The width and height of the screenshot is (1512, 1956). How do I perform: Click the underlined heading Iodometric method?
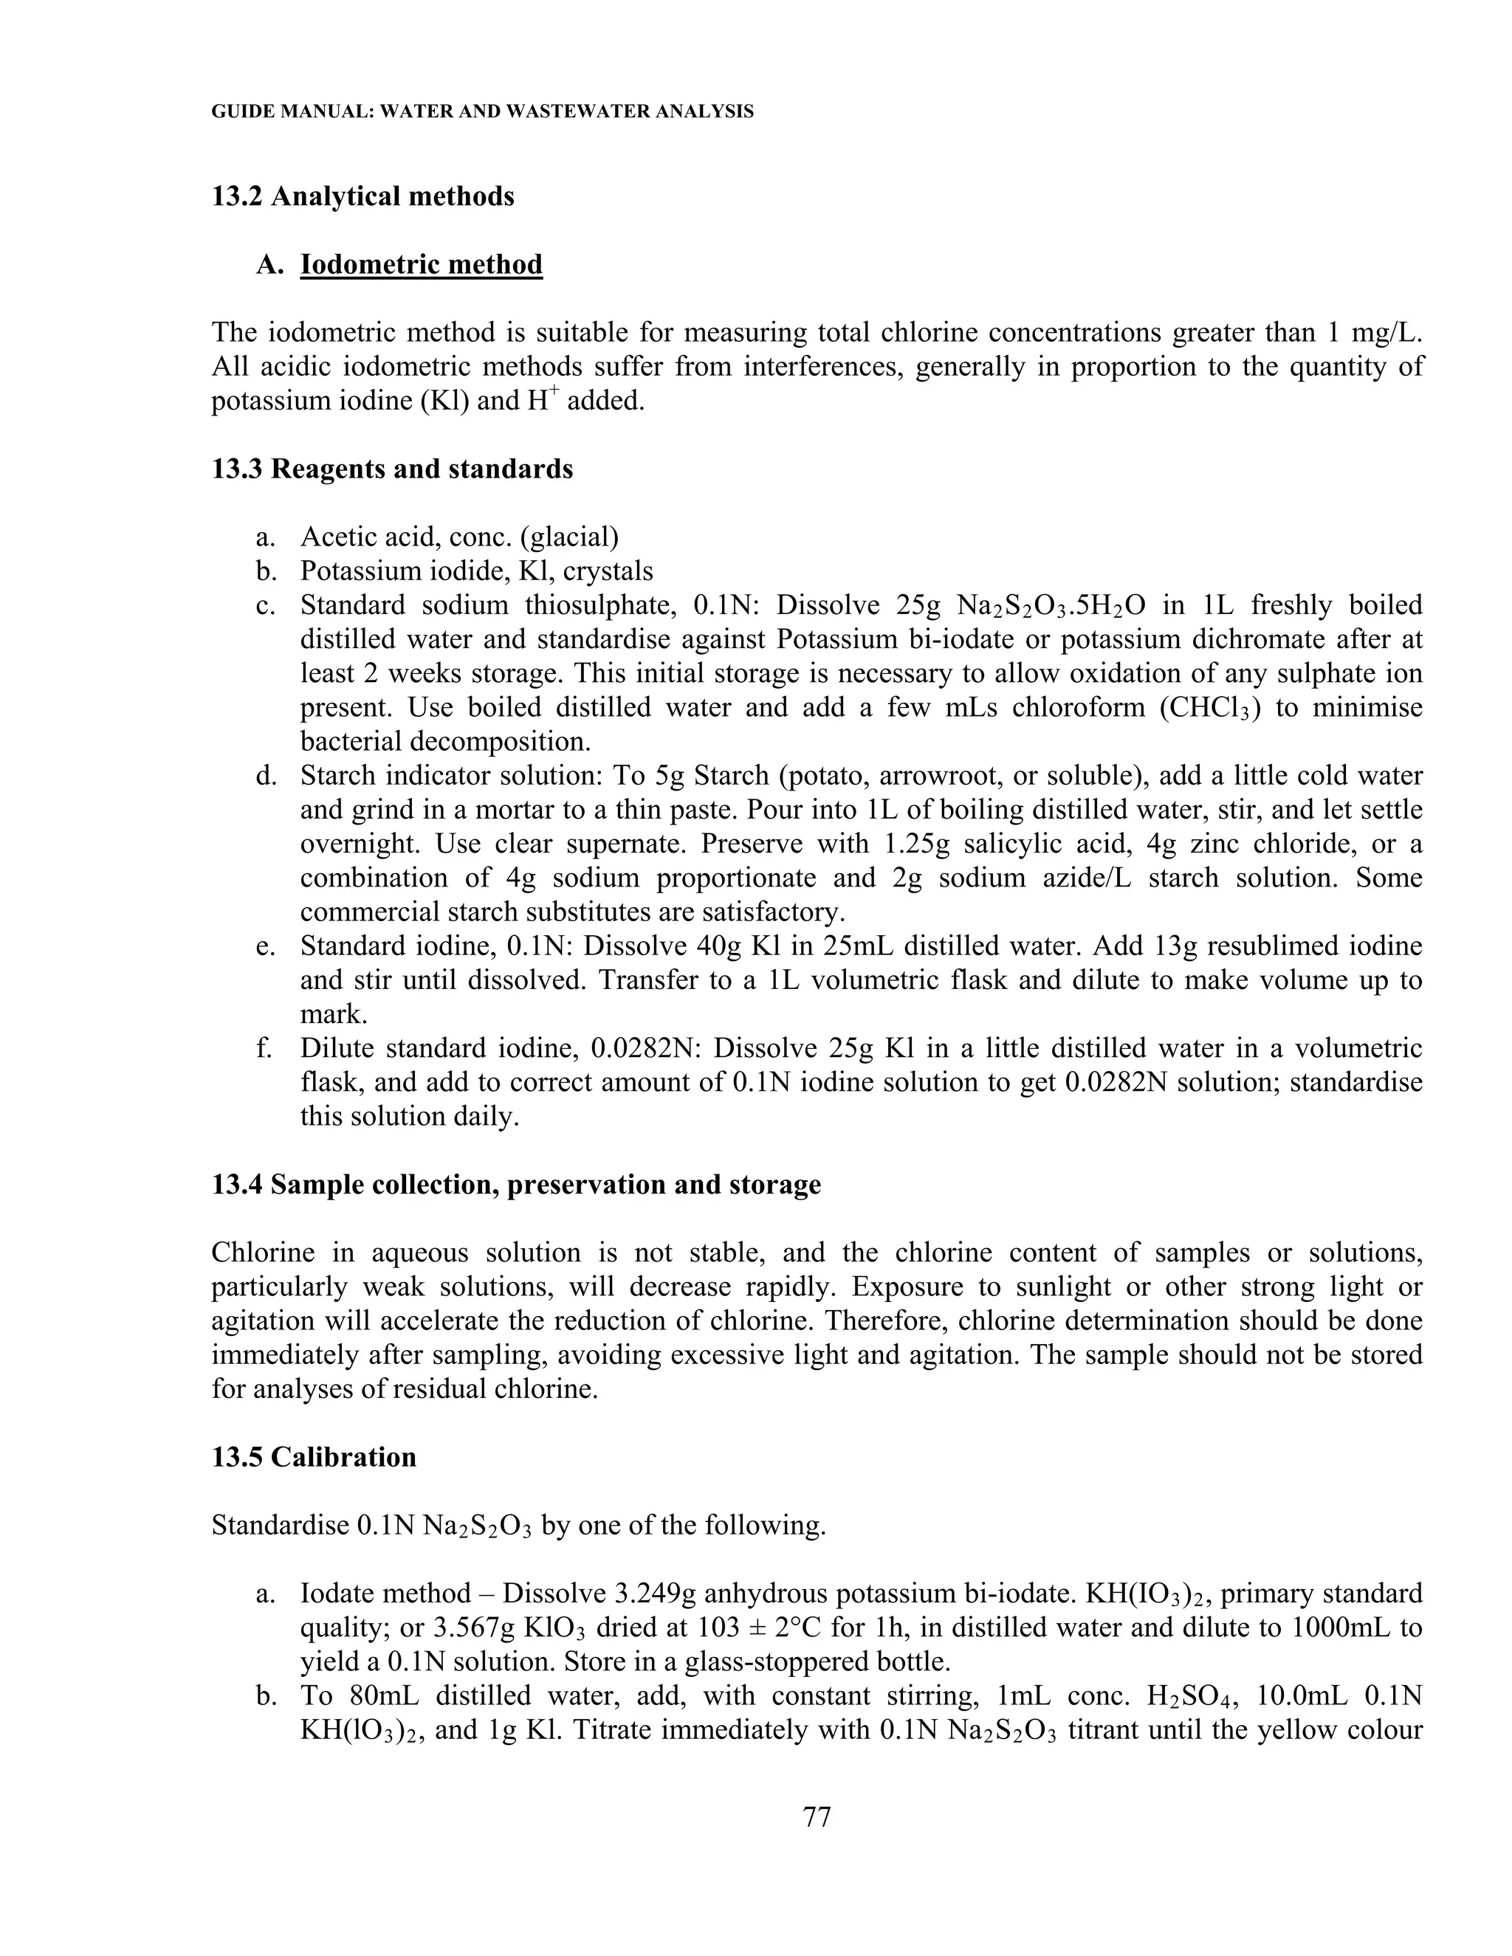tap(421, 265)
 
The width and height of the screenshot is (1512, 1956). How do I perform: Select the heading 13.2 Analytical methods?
tap(362, 196)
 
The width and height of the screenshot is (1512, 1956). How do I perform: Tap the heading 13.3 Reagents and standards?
tap(391, 469)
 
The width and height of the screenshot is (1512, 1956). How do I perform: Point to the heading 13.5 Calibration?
tap(314, 1457)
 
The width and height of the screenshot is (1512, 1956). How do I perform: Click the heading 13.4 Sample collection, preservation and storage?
tap(516, 1185)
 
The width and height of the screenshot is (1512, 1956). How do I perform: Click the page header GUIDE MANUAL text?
tap(482, 112)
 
